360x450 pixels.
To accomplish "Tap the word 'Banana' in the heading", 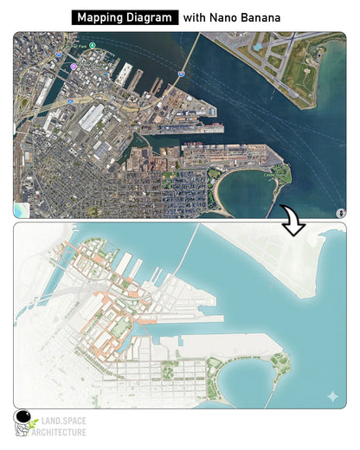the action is click(260, 17).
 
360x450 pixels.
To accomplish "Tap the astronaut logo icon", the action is click(24, 422).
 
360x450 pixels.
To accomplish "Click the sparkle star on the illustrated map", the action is click(332, 396).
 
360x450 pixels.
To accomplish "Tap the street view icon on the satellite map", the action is click(340, 212).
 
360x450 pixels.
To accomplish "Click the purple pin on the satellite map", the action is click(74, 66).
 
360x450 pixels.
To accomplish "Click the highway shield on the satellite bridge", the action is click(181, 74).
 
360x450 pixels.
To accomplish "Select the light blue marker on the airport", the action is click(258, 46).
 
